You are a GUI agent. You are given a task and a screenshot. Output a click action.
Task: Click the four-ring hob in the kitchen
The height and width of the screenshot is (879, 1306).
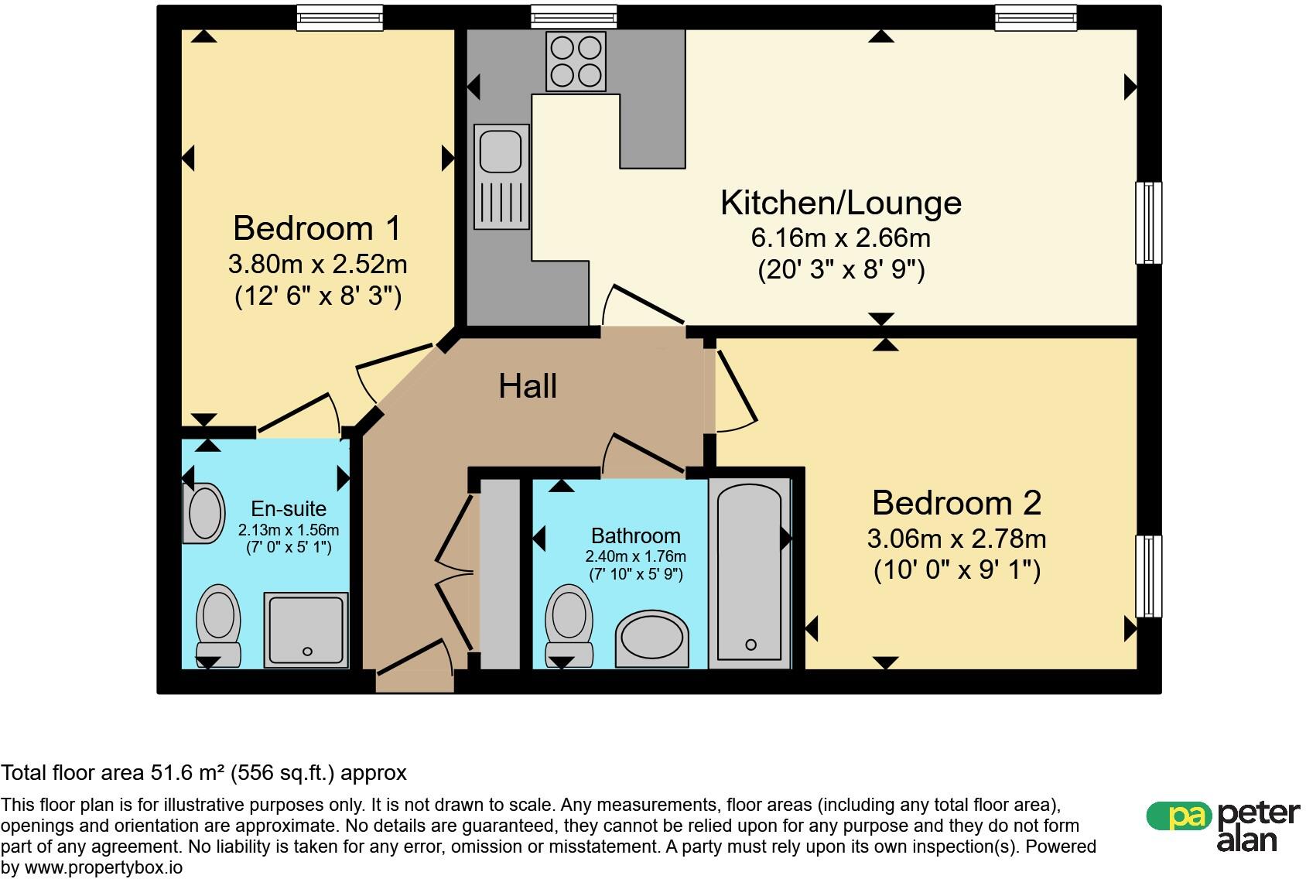pos(576,61)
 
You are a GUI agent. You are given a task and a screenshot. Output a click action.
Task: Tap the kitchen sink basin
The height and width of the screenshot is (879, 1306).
pos(501,151)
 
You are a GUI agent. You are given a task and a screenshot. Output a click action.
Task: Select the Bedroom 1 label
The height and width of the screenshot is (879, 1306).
pos(317,228)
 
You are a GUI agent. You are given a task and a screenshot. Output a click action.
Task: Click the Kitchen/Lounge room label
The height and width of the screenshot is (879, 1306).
pos(841,203)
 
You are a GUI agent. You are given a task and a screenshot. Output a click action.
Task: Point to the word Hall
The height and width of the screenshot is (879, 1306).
pos(528,386)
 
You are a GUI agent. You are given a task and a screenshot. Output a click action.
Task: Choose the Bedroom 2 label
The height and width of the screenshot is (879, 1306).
pos(957,503)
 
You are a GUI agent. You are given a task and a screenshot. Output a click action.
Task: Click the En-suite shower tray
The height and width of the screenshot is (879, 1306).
pos(306,630)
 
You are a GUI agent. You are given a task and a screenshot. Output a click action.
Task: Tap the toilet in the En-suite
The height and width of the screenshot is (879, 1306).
pos(219,626)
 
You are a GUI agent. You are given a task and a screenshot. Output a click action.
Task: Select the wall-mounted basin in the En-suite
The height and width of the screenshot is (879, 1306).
pos(203,513)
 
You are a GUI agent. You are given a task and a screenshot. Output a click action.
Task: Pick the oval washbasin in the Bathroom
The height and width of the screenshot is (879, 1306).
pos(651,638)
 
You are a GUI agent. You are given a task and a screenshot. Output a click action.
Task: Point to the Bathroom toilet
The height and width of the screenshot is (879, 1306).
pos(569,626)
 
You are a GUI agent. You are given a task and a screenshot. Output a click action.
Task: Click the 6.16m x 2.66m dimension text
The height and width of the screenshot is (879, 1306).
pos(841,238)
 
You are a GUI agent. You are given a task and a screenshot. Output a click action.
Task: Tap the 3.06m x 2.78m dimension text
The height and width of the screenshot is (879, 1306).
pos(957,539)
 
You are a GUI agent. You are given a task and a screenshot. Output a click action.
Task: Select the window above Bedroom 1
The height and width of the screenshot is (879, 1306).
pos(340,18)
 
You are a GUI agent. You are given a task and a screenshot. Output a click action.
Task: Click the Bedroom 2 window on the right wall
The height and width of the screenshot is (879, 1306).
pos(1149,576)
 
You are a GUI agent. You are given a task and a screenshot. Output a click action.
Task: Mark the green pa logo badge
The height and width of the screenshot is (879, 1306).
pos(1179,816)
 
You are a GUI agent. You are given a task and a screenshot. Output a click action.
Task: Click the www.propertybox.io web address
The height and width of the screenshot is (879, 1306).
pos(104,868)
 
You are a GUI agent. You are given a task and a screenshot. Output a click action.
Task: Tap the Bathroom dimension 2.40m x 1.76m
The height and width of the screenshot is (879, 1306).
pos(635,556)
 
